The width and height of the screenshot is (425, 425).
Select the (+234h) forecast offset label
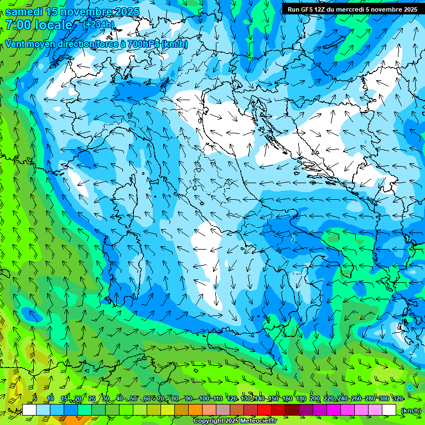click(99, 24)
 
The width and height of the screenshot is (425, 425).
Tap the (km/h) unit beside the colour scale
click(410, 410)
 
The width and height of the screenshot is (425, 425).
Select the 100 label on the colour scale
click(204, 398)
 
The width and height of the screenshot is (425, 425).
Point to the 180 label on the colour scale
click(301, 398)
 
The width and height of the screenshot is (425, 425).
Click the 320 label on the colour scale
click(397, 398)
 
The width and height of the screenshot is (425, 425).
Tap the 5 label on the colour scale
click(35, 398)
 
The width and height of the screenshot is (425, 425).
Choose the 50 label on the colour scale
click(133, 398)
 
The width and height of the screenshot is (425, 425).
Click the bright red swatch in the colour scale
click(265, 410)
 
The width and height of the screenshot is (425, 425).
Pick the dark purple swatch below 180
click(306, 410)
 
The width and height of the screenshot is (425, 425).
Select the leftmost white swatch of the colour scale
click(29, 410)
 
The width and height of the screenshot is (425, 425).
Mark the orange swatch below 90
click(195, 410)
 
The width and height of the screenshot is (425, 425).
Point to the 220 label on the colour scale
click(329, 398)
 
